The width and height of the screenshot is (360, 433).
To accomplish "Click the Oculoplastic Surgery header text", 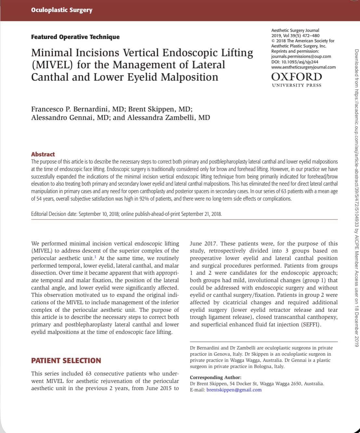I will (62, 10).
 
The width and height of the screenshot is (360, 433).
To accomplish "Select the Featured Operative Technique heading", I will (75, 37).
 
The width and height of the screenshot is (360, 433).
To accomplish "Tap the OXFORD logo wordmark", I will (296, 77).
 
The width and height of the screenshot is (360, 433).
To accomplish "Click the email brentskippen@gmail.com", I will (234, 390).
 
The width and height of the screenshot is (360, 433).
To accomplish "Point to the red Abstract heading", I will (43, 154).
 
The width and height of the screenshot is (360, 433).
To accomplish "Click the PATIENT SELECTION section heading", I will (66, 361).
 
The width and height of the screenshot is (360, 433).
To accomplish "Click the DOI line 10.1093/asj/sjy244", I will (295, 62).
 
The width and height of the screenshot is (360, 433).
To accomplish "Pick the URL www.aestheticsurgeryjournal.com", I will (303, 67).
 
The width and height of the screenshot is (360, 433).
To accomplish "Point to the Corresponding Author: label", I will (215, 377).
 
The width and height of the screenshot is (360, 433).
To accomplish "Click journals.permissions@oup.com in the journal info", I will (301, 56).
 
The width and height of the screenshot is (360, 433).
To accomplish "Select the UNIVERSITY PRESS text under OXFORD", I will (296, 85).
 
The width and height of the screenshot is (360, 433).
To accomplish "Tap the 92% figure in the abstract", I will (139, 199).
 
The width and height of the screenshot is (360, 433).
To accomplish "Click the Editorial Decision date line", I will (126, 214).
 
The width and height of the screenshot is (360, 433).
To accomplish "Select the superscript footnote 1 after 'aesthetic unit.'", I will (95, 257).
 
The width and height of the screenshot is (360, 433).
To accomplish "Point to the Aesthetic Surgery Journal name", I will (295, 30).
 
